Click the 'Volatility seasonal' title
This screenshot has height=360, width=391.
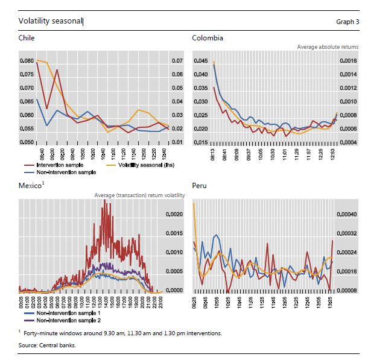[51, 22]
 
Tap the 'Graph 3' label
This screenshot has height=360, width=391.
[348, 22]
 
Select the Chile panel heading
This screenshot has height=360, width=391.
[27, 38]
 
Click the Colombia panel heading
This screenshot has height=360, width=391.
[208, 38]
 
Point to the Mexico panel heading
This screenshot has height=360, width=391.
[30, 186]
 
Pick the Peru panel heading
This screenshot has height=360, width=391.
[199, 186]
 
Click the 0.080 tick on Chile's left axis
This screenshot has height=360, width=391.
[26, 61]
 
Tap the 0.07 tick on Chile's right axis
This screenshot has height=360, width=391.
[177, 61]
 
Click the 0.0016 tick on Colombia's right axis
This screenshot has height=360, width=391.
[349, 61]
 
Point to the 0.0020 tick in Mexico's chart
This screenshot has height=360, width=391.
[174, 214]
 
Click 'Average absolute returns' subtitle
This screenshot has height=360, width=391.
[328, 46]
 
